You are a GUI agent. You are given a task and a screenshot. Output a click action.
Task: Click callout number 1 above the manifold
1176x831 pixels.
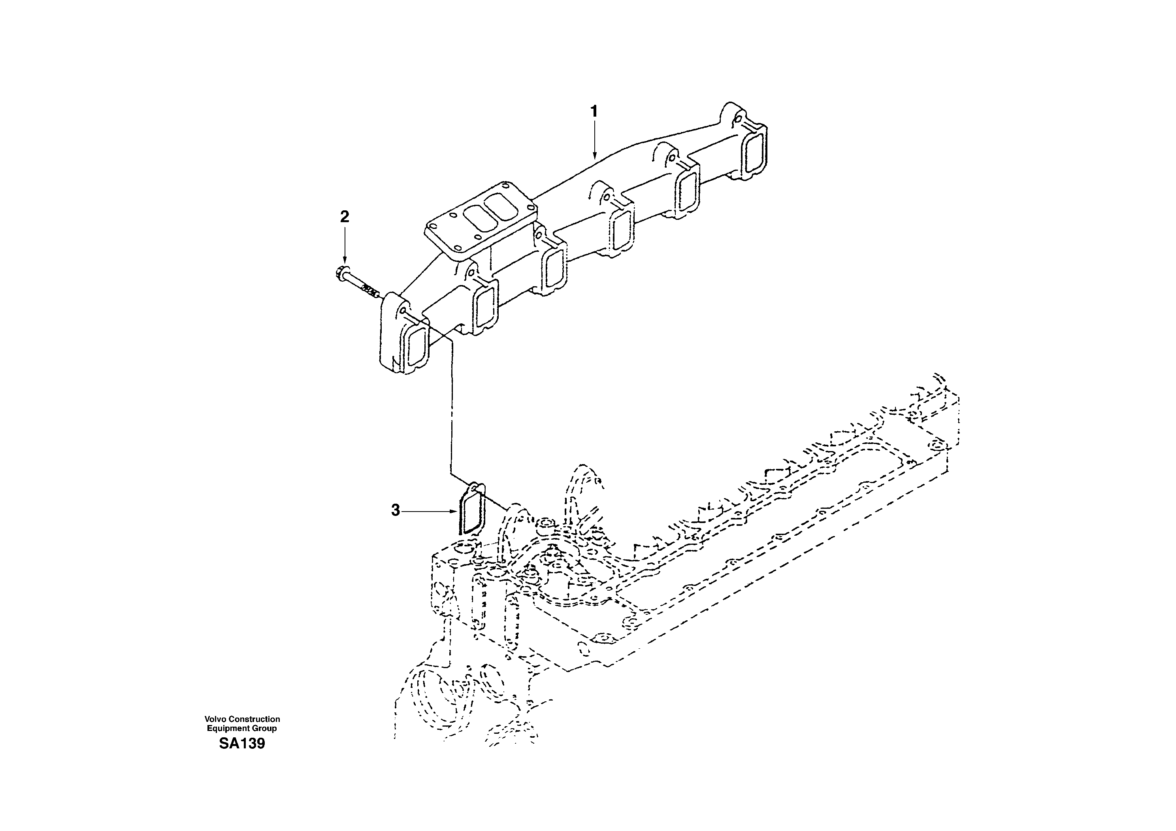[594, 111]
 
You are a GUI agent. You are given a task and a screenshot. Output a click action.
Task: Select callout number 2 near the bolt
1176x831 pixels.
[345, 217]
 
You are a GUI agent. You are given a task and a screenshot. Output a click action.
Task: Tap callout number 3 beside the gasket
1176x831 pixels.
[396, 510]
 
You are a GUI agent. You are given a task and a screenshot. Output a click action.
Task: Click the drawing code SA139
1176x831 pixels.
[242, 743]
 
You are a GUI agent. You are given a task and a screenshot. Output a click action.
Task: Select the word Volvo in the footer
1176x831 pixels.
[215, 719]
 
